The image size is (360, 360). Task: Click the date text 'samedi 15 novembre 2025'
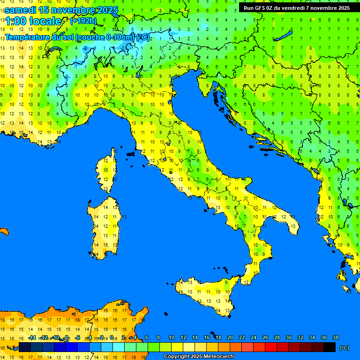pyautogui.click(x=61, y=10)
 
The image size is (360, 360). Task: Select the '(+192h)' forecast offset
pyautogui.click(x=83, y=21)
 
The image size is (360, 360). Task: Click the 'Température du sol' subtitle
pyautogui.click(x=77, y=37)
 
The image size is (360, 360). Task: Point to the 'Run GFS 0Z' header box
pyautogui.click(x=296, y=8)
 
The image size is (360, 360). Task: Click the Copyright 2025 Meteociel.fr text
pyautogui.click(x=199, y=357)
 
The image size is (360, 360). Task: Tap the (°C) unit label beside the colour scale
pyautogui.click(x=344, y=347)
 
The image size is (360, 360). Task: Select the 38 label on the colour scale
pyautogui.click(x=335, y=337)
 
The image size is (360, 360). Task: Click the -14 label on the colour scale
pyautogui.click(x=32, y=337)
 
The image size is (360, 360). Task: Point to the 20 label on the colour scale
pyautogui.click(x=230, y=337)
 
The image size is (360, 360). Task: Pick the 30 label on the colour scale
pyautogui.click(x=288, y=337)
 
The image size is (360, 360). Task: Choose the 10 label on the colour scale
pyautogui.click(x=172, y=337)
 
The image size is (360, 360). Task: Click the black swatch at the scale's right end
pyautogui.click(x=330, y=347)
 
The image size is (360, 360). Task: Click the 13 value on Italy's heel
pyautogui.click(x=292, y=226)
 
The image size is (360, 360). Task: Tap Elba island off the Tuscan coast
pyautogui.click(x=130, y=153)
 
